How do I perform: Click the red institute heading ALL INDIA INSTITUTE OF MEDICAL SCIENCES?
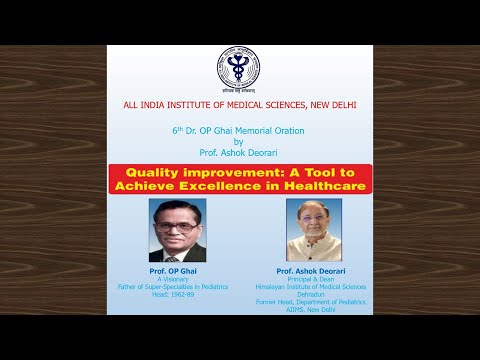239,105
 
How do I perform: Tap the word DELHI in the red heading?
340,105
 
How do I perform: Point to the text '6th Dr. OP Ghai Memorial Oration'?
239,131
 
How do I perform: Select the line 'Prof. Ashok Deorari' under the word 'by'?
239,153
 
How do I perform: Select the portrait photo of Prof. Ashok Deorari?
314,230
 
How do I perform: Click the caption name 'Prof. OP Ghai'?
177,271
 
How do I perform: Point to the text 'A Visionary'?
177,280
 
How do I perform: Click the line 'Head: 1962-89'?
177,295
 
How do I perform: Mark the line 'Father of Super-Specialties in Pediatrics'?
177,287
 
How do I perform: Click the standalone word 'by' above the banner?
239,142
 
